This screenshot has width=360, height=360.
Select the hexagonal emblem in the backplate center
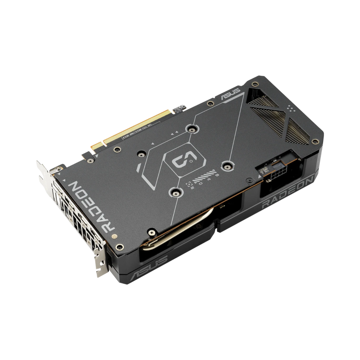(181, 159)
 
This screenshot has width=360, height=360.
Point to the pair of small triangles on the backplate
(176, 133)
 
